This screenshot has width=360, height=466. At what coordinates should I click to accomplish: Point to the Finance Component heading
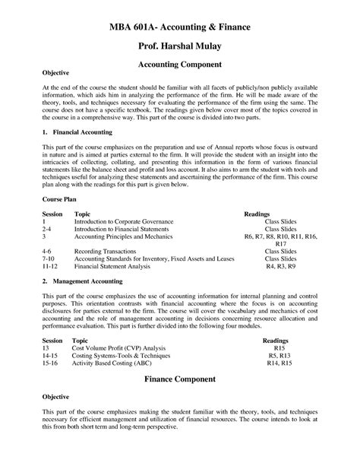(x=179, y=377)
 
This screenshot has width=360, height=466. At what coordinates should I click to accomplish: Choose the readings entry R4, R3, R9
(x=279, y=267)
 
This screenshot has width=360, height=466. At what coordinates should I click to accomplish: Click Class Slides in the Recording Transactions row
(x=280, y=250)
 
